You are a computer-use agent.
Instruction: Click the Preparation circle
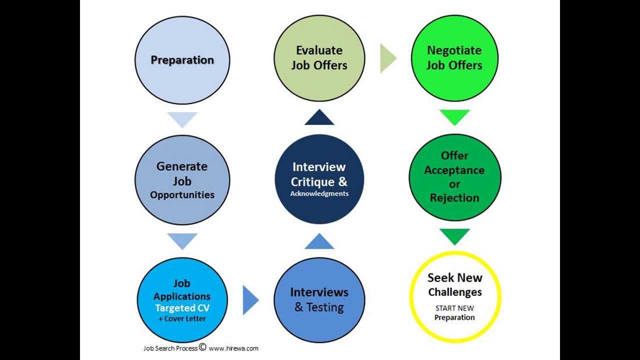(182, 60)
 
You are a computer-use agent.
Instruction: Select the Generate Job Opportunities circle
(182, 180)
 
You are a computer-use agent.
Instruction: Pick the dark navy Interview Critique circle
(319, 179)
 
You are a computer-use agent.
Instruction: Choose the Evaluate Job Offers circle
(319, 58)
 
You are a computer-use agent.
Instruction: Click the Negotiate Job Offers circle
(454, 58)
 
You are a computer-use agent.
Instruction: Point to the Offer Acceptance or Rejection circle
(454, 177)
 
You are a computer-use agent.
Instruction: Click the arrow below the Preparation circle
(182, 119)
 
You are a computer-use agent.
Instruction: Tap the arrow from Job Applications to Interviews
(250, 300)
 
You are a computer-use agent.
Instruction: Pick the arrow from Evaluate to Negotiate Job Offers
(387, 58)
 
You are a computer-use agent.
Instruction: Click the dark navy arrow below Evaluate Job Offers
(319, 118)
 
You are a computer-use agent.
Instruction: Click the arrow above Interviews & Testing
(319, 242)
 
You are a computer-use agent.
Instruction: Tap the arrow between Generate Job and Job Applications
(182, 241)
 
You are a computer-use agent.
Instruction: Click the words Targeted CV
(182, 308)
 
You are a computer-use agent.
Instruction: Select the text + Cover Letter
(182, 319)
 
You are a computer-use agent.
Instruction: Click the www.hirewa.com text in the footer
(233, 348)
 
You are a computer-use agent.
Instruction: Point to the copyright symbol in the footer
(202, 346)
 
